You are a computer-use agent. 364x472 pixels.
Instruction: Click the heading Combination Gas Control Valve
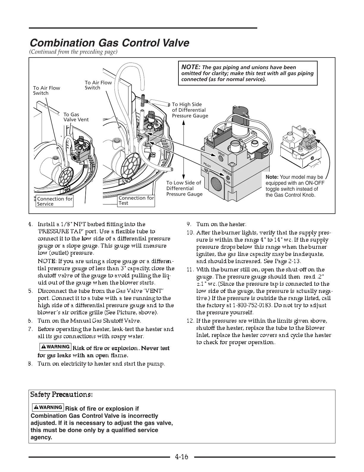click(x=109, y=43)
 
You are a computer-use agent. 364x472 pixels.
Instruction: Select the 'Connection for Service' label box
click(x=55, y=201)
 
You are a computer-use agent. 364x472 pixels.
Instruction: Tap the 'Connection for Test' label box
click(x=136, y=201)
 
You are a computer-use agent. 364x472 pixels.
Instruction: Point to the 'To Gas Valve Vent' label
click(x=76, y=117)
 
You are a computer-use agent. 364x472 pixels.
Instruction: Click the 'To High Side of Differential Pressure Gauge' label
click(x=190, y=110)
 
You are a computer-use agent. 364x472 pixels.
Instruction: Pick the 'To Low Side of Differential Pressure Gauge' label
click(x=184, y=188)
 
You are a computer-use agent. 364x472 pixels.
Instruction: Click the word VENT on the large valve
click(x=221, y=154)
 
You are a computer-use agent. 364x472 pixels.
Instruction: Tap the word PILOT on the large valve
click(x=207, y=166)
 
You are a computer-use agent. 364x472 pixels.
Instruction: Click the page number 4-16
click(x=182, y=457)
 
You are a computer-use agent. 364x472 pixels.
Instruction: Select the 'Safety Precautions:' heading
click(x=62, y=395)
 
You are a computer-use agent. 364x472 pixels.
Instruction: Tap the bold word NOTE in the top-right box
click(x=190, y=67)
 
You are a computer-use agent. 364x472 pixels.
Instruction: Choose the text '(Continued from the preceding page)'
click(x=73, y=52)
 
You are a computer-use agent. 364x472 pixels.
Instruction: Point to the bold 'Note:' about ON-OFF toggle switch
click(x=272, y=177)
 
